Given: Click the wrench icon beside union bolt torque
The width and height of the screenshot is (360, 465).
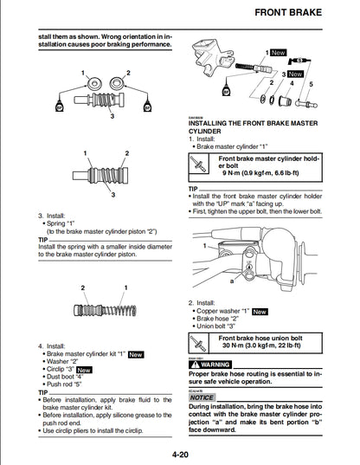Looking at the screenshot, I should pyautogui.click(x=201, y=343).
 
